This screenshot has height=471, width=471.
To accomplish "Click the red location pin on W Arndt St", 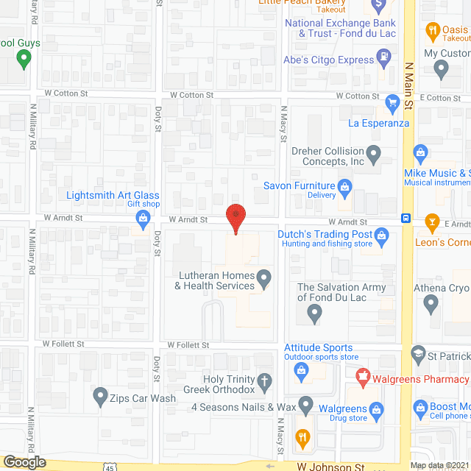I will point(235,218).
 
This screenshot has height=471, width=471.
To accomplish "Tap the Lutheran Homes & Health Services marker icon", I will point(263,278).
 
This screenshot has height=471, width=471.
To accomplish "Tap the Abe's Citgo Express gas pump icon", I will point(383,56).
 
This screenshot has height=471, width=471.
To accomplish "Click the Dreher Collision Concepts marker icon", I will point(374,155).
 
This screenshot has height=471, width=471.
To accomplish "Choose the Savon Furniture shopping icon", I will point(344,189).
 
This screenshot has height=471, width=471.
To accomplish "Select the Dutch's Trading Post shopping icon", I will point(380,235).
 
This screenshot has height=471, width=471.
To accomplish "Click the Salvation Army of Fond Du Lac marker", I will point(314,314).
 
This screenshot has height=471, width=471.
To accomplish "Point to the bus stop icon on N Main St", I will point(406,218).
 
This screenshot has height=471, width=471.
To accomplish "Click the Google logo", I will point(24,461).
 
